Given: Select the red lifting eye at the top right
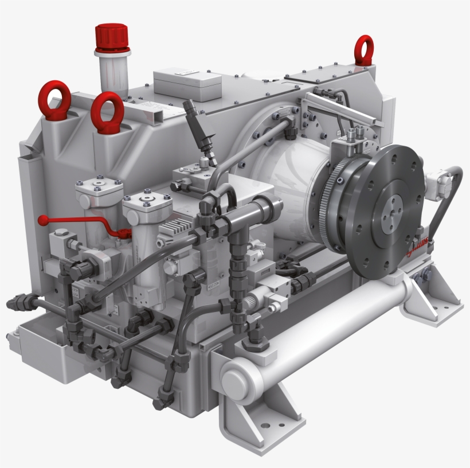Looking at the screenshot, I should [363, 50].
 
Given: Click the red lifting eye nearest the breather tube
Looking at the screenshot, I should [107, 112].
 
